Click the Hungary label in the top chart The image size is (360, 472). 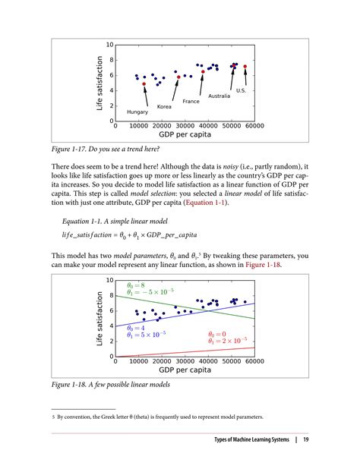137,112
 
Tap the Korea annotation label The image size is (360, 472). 164,107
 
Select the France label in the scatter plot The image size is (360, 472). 191,101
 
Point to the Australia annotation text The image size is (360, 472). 219,96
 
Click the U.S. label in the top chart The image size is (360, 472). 241,90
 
